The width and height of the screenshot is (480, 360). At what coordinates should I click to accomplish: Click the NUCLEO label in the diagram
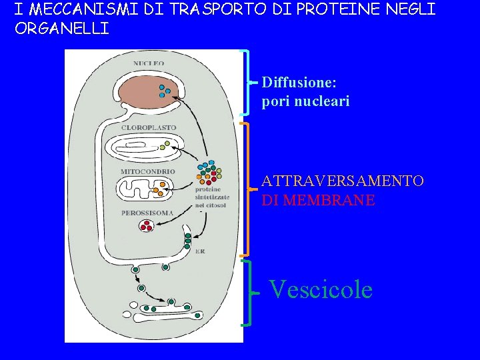click(148, 63)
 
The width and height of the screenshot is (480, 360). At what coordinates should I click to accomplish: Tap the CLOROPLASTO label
click(148, 127)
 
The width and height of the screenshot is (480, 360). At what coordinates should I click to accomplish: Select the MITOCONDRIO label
click(147, 171)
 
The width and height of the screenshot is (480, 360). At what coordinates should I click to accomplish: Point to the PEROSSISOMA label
click(147, 213)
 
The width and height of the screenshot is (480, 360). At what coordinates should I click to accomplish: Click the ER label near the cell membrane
click(200, 251)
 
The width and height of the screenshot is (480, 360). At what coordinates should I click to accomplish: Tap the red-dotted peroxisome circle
click(146, 226)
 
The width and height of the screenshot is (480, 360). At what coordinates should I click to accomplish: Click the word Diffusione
click(299, 83)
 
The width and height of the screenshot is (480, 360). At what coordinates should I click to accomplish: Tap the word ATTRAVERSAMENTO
click(342, 181)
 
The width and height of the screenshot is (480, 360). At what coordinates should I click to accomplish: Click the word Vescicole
click(320, 290)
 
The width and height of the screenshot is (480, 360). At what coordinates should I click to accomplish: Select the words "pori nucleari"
click(305, 102)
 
